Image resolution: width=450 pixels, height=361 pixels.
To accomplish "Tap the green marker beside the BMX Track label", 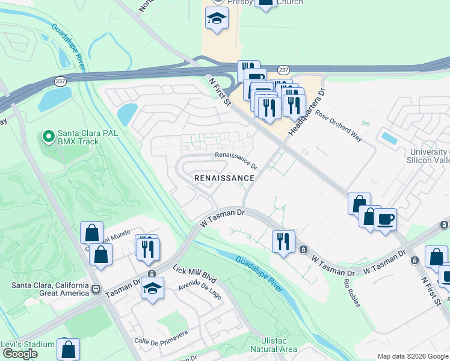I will [48, 137].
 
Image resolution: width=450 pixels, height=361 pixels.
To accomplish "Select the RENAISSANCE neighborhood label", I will [224, 178].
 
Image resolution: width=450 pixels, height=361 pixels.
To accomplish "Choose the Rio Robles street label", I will [351, 292].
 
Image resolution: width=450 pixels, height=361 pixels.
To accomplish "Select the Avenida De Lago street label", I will [200, 291].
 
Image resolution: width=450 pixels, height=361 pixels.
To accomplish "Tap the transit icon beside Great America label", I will [96, 288].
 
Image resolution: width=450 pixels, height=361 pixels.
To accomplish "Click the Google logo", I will [20, 354].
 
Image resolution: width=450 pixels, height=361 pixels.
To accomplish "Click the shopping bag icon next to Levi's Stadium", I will [69, 348].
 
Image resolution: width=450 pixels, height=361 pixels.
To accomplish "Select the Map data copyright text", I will [413, 356].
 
